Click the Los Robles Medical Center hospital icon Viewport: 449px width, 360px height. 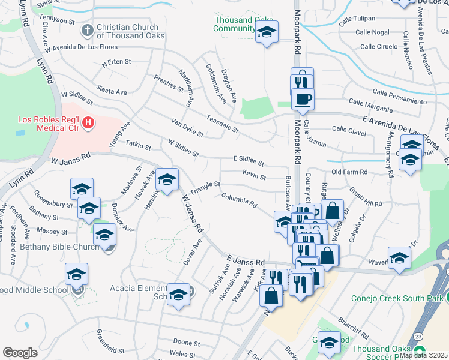(x=88, y=124)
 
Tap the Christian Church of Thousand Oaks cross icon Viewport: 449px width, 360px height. (x=88, y=29)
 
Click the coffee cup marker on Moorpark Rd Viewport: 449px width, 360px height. (x=303, y=99)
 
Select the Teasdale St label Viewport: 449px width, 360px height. (x=222, y=124)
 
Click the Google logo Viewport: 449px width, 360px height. (x=20, y=352)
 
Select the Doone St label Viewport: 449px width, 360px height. (x=187, y=343)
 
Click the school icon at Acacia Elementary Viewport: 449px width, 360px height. (x=178, y=294)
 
